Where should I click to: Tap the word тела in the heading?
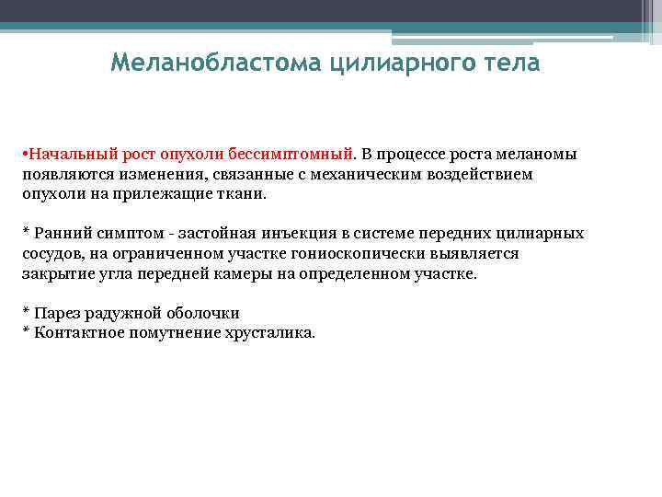coord(511,64)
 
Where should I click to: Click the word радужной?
coord(114,314)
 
